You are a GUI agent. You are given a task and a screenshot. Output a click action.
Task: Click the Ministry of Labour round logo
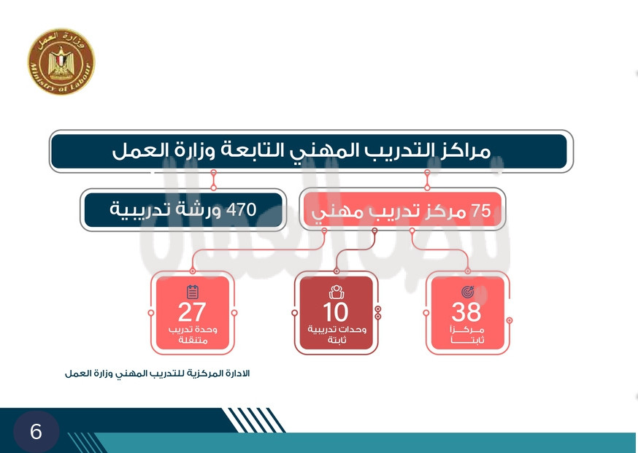pos(61,62)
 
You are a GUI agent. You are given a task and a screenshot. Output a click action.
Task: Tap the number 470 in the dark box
pos(242,210)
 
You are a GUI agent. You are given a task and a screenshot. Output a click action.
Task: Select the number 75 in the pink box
pos(480,211)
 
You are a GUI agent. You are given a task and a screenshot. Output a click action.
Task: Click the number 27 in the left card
pos(192,312)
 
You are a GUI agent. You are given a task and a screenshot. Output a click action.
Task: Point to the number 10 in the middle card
pos(336,312)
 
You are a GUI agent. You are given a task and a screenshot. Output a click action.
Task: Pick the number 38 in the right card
pos(466,312)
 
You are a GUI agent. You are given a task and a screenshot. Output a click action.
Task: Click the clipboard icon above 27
pos(193,292)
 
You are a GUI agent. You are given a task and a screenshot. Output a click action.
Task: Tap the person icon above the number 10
pos(337,292)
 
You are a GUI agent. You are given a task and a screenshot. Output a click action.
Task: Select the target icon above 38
pos(467,292)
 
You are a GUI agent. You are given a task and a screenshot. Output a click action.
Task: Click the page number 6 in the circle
pos(36,431)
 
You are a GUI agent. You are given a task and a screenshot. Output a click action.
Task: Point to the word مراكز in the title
pos(465,151)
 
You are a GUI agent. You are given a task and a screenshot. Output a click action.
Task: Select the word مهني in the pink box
pos(330,213)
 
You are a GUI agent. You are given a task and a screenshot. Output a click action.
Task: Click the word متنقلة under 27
pos(193,340)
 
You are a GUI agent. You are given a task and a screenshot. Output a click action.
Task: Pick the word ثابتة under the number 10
pos(337,340)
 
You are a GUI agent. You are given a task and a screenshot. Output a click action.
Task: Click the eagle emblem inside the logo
pos(61,62)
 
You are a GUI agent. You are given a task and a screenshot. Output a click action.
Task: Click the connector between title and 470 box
pos(213,180)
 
